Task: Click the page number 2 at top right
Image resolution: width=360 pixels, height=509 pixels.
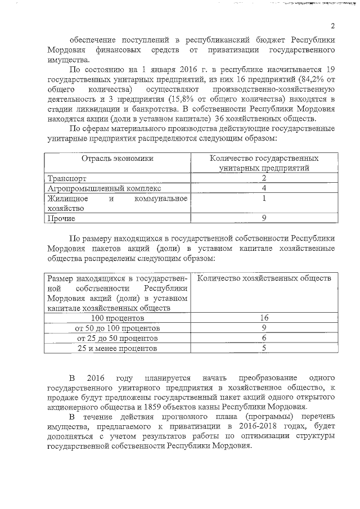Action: [332, 26]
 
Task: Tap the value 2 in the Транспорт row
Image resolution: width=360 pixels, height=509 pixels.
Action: [264, 178]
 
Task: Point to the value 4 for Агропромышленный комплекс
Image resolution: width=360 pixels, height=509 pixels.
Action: [264, 188]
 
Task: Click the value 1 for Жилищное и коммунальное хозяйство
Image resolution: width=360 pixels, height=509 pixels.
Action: [264, 199]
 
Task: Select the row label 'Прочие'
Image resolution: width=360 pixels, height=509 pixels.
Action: [61, 218]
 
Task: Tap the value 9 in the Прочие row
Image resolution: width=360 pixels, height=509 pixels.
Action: [264, 218]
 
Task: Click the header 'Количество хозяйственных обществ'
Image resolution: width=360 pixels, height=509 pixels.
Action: [265, 278]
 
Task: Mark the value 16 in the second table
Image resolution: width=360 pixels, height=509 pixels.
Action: [264, 318]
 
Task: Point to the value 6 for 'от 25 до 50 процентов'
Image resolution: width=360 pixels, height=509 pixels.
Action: [264, 339]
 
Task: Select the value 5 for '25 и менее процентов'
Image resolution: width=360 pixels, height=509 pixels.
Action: [264, 349]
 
